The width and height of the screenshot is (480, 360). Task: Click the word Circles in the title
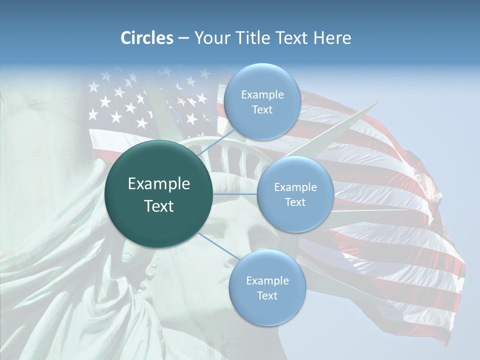[147, 38]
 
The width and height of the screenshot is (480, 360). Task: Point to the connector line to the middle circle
[235, 194]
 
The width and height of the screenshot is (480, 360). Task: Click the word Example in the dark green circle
[159, 184]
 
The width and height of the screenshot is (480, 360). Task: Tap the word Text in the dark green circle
[159, 206]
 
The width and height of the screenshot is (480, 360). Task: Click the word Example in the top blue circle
[262, 95]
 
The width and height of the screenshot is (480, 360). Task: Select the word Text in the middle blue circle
[295, 202]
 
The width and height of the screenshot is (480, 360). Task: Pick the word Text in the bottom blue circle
[267, 295]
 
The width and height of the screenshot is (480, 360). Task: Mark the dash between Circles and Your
[183, 38]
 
